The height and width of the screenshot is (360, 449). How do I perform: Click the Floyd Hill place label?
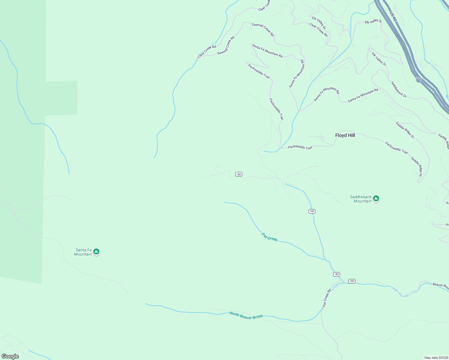(x=345, y=135)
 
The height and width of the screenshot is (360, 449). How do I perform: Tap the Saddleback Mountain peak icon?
(x=376, y=199)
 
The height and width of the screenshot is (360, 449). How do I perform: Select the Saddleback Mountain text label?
(x=361, y=199)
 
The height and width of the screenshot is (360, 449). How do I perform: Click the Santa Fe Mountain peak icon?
(x=96, y=251)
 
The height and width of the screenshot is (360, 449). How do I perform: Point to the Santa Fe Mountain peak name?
(x=83, y=252)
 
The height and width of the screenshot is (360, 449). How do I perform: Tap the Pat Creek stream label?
(x=270, y=237)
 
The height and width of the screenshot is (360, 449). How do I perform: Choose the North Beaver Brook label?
(x=246, y=315)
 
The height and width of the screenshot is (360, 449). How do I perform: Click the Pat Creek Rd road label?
(x=327, y=298)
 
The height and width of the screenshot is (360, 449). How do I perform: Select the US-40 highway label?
(x=393, y=16)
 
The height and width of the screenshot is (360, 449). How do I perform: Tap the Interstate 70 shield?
(x=419, y=80)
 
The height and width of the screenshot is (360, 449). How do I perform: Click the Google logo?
(x=10, y=356)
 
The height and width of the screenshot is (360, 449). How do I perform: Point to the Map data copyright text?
(x=436, y=358)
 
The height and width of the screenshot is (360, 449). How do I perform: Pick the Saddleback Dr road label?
(x=399, y=89)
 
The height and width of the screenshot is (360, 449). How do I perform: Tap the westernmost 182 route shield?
(x=239, y=174)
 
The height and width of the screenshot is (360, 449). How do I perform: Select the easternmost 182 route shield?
(x=352, y=281)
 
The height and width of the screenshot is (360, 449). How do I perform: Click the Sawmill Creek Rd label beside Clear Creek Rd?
(x=226, y=46)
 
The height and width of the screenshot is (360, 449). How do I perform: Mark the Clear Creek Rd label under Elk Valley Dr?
(x=318, y=30)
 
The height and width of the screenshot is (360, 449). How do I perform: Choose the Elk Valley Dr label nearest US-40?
(x=373, y=22)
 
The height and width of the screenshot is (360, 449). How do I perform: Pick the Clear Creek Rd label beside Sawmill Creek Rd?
(x=207, y=52)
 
